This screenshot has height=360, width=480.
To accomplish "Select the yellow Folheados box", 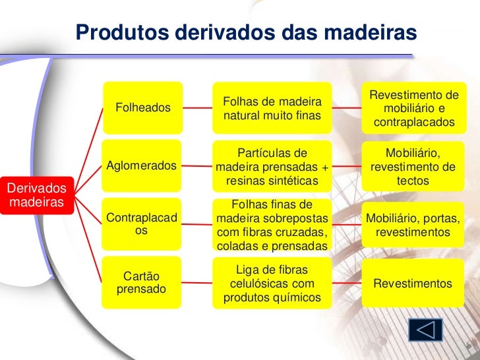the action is pyautogui.click(x=142, y=106).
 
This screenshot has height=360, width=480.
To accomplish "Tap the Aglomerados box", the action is pyautogui.click(x=142, y=165).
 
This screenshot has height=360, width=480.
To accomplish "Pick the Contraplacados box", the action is pyautogui.click(x=142, y=224).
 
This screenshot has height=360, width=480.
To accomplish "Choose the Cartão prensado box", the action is pyautogui.click(x=142, y=282).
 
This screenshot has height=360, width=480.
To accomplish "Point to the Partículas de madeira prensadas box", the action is pyautogui.click(x=272, y=166).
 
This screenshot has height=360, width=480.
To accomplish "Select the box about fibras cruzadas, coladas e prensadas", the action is pyautogui.click(x=272, y=225).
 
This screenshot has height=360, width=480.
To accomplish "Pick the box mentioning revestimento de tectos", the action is pyautogui.click(x=413, y=166).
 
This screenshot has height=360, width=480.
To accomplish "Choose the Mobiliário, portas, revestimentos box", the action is pyautogui.click(x=413, y=225).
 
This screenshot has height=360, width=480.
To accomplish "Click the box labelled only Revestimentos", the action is pyautogui.click(x=413, y=284).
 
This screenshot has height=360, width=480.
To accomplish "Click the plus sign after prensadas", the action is pyautogui.click(x=324, y=167).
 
